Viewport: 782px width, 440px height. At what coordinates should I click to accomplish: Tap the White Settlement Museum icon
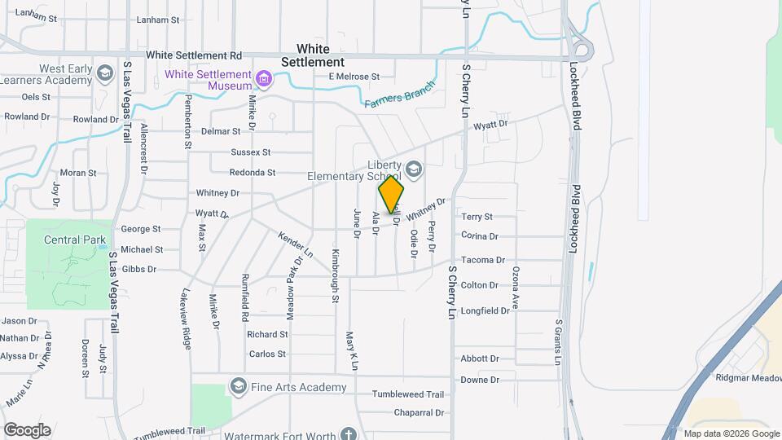(263, 79)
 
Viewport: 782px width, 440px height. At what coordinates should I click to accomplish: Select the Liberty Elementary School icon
(414, 169)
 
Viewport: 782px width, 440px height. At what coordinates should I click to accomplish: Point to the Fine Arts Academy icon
(239, 385)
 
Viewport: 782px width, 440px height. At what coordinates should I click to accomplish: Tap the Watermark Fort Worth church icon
(349, 433)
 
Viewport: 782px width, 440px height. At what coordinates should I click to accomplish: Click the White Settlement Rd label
(194, 55)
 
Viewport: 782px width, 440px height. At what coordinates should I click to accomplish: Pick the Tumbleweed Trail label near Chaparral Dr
(407, 394)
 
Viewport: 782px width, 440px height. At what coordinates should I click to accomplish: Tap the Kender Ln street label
(296, 246)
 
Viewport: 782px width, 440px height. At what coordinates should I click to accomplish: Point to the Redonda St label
(253, 173)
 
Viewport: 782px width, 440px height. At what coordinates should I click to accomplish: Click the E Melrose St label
(354, 77)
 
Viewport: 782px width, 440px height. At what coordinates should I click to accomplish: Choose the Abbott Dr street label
(479, 359)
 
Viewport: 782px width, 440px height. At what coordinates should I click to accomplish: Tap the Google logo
(27, 430)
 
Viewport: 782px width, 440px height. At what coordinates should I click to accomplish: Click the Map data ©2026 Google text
(731, 433)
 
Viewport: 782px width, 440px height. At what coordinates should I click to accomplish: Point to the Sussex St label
(250, 152)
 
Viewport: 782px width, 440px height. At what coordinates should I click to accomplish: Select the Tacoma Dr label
(483, 260)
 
